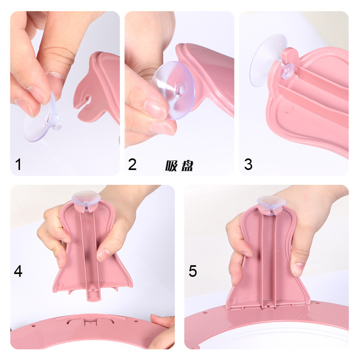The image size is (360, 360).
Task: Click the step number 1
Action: pos(18,164)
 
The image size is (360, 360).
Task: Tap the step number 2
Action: pos(132,164)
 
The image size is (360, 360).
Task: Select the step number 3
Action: pos(248,164)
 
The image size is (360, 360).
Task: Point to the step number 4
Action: pos(18,271)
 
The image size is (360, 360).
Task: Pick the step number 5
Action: pos(193,271)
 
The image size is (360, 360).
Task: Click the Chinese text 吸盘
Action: pos(180,166)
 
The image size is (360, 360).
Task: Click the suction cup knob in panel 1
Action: pos(55,120)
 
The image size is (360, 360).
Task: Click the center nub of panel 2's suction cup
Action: pos(180,89)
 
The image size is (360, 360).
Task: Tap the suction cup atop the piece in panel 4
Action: pos(86,198)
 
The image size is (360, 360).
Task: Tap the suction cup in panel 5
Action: pos(271,203)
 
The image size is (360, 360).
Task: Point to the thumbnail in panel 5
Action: pos(297,268)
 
